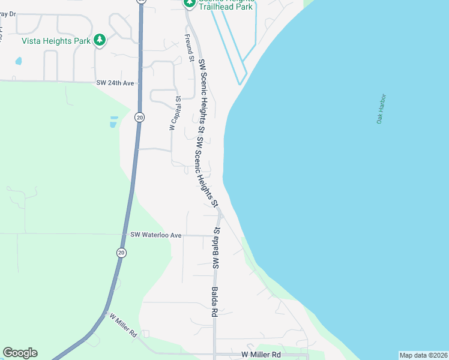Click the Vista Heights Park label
pyautogui.click(x=55, y=41)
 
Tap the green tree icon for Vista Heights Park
pyautogui.click(x=100, y=40)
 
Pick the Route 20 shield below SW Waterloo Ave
pyautogui.click(x=121, y=253)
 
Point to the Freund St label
pyautogui.click(x=188, y=47)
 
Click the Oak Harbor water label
pyautogui.click(x=381, y=109)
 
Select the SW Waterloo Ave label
pyautogui.click(x=155, y=235)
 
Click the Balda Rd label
pyautogui.click(x=213, y=301)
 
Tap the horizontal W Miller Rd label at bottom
pyautogui.click(x=261, y=355)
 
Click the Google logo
pyautogui.click(x=20, y=353)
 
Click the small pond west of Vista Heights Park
pyautogui.click(x=19, y=61)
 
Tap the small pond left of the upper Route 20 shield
pyautogui.click(x=113, y=122)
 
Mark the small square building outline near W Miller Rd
pyautogui.click(x=146, y=334)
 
